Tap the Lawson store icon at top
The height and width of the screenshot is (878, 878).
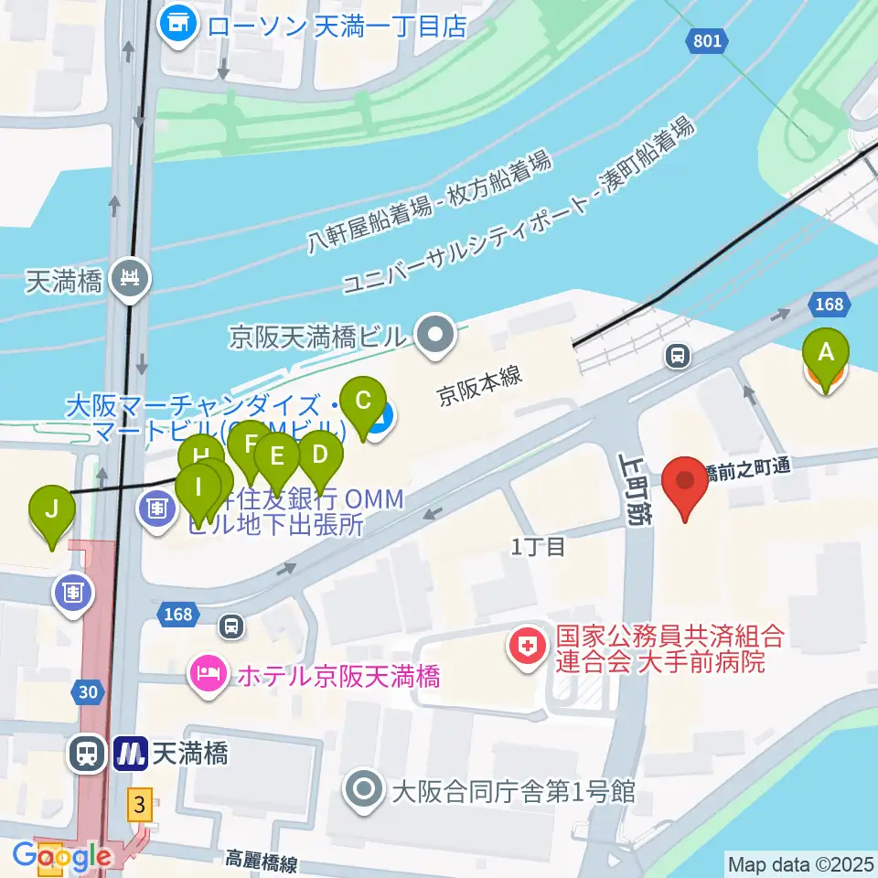(178, 25)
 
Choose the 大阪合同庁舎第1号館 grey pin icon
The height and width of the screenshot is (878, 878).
(365, 789)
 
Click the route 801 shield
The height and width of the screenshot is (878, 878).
(706, 40)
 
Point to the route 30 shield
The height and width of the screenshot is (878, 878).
(88, 692)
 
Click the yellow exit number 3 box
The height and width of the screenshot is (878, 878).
(139, 805)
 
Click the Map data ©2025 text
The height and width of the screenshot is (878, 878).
(801, 863)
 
